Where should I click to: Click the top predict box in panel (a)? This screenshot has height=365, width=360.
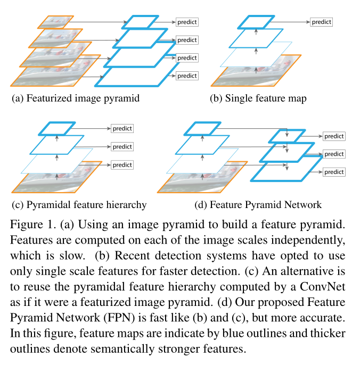click(x=187, y=22)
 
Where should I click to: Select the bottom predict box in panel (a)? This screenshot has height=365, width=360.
click(x=187, y=76)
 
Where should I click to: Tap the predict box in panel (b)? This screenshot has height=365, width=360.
click(x=321, y=22)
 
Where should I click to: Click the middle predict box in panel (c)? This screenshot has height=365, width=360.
click(x=122, y=146)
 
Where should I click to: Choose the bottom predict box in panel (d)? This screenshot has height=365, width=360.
click(x=334, y=172)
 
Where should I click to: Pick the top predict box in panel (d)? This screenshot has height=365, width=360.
click(x=334, y=136)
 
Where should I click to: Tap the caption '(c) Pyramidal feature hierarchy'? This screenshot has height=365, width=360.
click(x=79, y=204)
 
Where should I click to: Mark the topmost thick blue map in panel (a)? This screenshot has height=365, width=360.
click(x=140, y=22)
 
